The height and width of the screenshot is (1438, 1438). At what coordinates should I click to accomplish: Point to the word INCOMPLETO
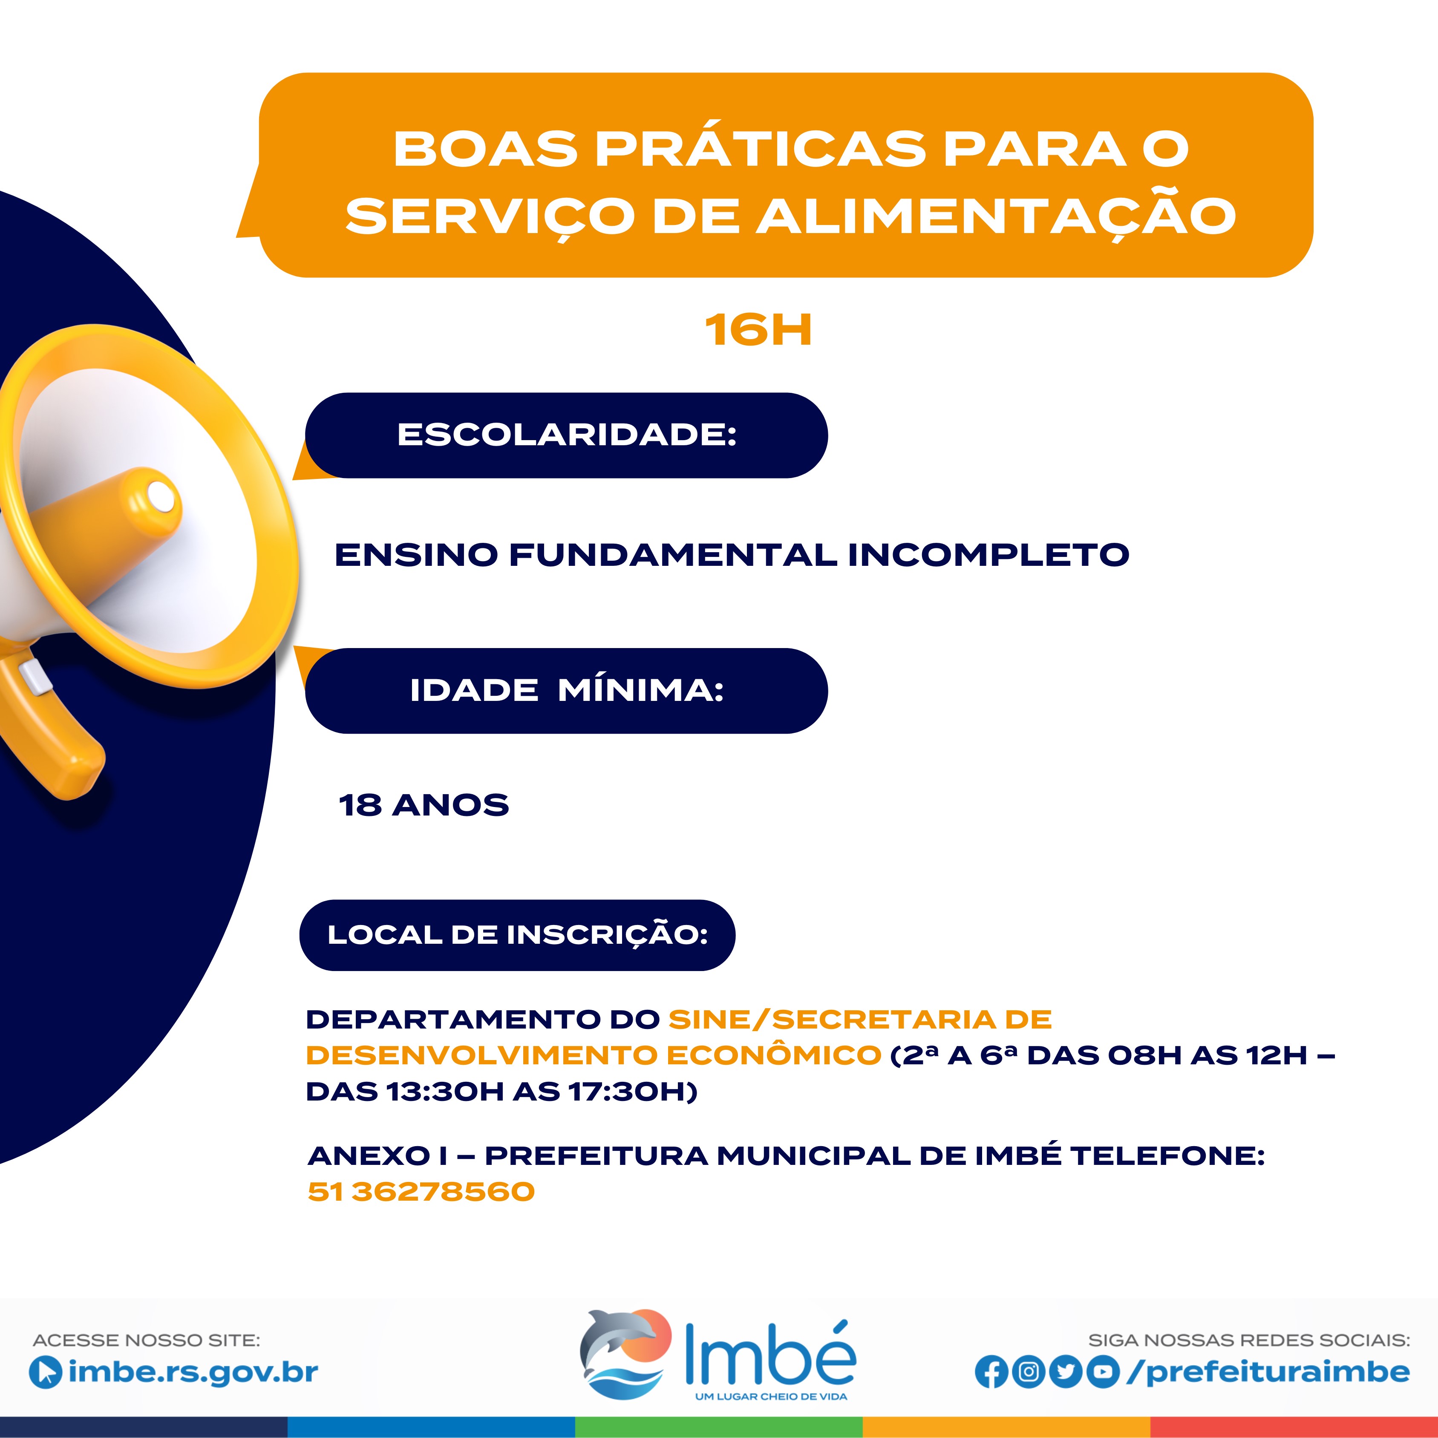[x=988, y=554]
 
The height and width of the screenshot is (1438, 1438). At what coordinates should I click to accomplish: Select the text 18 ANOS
[x=424, y=804]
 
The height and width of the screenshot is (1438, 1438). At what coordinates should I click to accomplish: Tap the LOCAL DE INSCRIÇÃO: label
[x=517, y=935]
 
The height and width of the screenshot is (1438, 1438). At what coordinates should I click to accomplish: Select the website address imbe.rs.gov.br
[x=193, y=1372]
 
